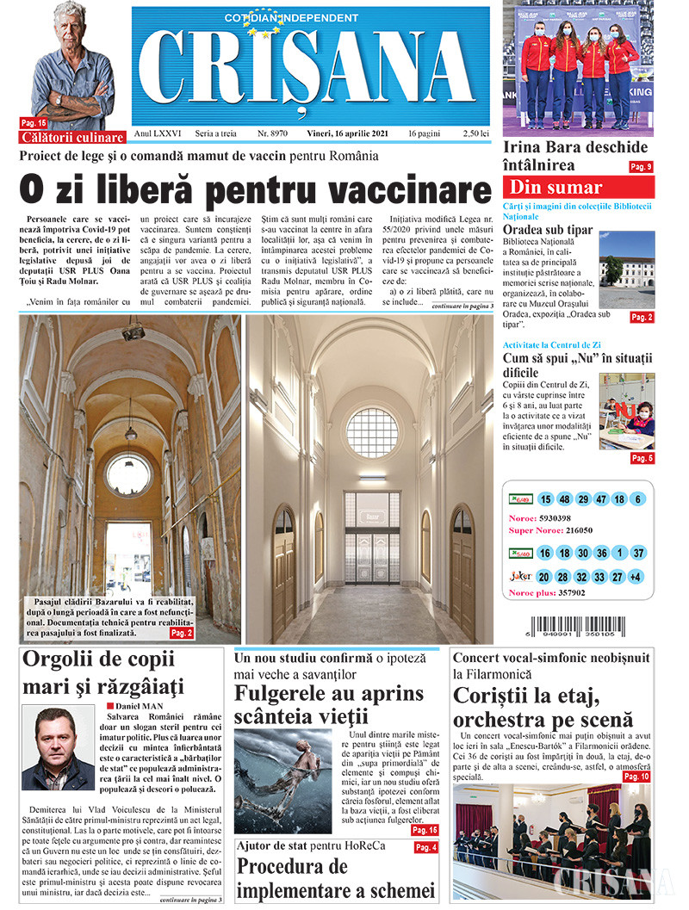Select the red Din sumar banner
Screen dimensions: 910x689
579,188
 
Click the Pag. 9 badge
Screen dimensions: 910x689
641,166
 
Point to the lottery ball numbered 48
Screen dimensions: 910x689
563,499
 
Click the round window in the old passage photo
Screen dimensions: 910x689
127,474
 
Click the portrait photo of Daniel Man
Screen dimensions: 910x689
58,747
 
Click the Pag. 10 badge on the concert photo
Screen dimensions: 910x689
636,777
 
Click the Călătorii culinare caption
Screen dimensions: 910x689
73,137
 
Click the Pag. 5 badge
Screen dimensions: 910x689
642,458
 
